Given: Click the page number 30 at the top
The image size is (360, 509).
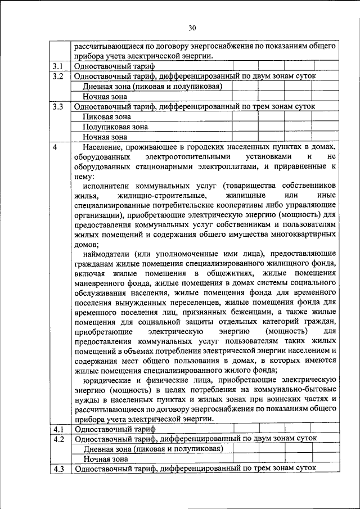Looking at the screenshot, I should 192,28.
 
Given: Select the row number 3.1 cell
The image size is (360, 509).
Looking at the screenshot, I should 58,66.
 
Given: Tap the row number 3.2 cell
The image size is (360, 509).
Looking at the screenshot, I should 58,76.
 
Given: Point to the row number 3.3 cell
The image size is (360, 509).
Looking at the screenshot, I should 58,106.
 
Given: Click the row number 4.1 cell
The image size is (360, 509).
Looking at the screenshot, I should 58,429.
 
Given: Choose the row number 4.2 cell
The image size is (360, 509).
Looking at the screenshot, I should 58,439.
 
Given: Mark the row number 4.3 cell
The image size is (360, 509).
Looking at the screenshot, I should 58,469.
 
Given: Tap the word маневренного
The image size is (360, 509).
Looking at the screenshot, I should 101,284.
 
